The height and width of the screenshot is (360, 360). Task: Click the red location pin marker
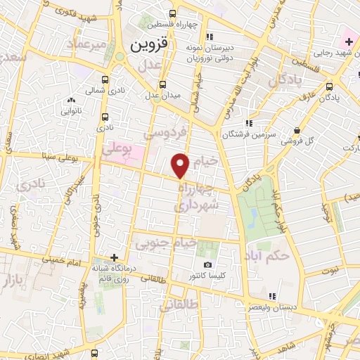(x=182, y=165)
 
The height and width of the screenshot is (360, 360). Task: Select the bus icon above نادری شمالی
(x=105, y=79)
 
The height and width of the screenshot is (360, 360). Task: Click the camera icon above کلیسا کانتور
(x=207, y=264)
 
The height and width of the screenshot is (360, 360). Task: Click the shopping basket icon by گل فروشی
(x=297, y=130)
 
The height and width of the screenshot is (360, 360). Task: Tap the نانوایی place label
(x=72, y=110)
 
